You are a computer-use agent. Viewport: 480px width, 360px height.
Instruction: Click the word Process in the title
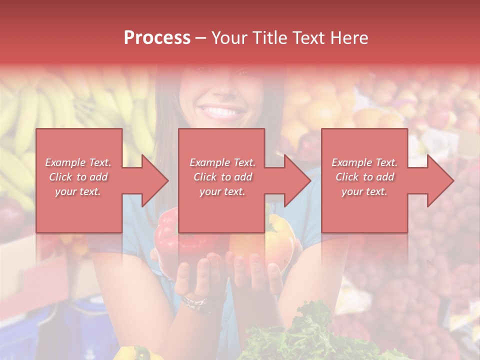157,38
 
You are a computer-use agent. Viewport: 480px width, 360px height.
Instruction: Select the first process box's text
78,177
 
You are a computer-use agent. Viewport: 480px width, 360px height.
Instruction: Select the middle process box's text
222,177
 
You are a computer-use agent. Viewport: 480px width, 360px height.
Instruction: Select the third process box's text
364,177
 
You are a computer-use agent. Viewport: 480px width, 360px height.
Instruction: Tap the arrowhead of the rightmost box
440,180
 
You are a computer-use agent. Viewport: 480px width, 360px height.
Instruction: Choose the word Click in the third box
346,177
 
